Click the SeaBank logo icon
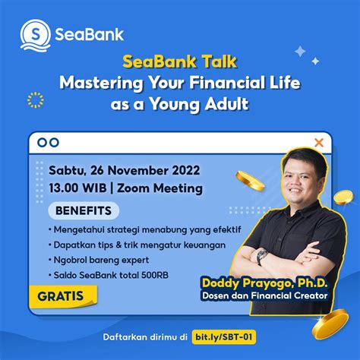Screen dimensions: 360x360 pyautogui.click(x=35, y=34)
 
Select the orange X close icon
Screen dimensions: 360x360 pyautogui.click(x=319, y=142)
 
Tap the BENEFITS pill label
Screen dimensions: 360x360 pyautogui.click(x=83, y=210)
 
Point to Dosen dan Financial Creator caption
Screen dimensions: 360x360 pyautogui.click(x=264, y=297)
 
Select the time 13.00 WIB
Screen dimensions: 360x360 pyautogui.click(x=76, y=188)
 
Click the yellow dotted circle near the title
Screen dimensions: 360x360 pyautogui.click(x=34, y=99)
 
